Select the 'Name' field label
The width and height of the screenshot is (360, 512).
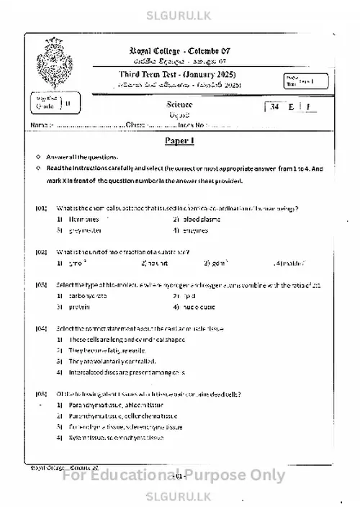[x=38, y=125]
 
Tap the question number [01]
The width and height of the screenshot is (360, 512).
[x=41, y=208]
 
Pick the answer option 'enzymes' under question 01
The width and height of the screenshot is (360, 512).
[x=194, y=230]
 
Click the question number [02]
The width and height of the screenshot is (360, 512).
[x=41, y=252]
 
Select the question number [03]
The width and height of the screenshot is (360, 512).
[x=41, y=284]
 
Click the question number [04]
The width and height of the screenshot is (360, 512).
[x=41, y=328]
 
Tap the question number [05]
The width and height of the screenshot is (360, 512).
[x=41, y=394]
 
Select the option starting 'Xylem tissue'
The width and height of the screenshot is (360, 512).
[x=115, y=438]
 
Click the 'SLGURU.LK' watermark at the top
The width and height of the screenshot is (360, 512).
[x=180, y=12]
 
